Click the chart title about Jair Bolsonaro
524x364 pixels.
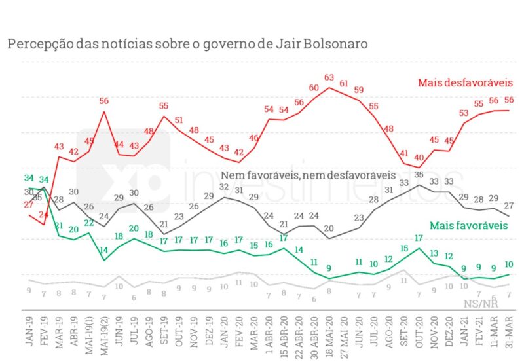(x=187, y=43)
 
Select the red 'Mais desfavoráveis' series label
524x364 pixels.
(x=465, y=83)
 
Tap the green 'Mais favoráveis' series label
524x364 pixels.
(x=469, y=226)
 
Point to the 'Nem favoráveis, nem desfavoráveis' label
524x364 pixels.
(x=308, y=175)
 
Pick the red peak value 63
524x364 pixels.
(x=329, y=78)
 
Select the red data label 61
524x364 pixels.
(x=345, y=83)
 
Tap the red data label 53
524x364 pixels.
(x=464, y=113)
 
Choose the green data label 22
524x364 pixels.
(x=89, y=223)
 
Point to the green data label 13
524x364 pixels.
(x=434, y=253)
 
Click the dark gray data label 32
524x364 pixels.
(x=223, y=187)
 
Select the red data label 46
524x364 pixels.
(x=253, y=138)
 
